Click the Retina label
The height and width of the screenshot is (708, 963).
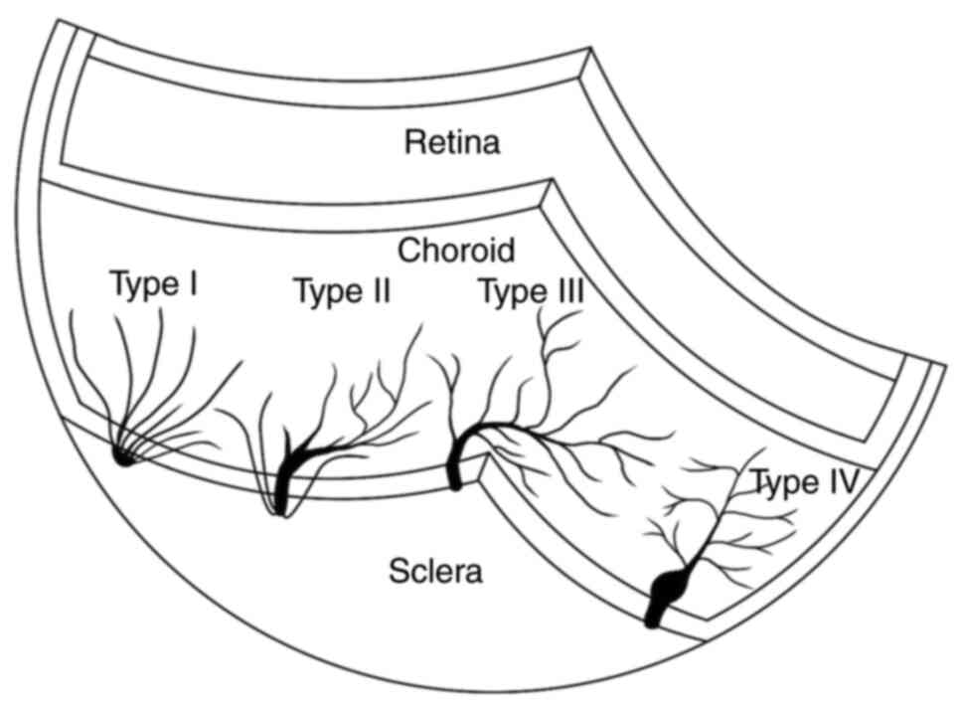451,143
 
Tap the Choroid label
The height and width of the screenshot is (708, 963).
456,250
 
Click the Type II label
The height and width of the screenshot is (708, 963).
341,292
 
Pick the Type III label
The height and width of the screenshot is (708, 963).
530,292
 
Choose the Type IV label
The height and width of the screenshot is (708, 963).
804,483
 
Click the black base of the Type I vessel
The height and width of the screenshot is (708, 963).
124,456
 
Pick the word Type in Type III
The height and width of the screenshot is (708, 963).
509,293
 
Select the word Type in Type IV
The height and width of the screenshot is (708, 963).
783,484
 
